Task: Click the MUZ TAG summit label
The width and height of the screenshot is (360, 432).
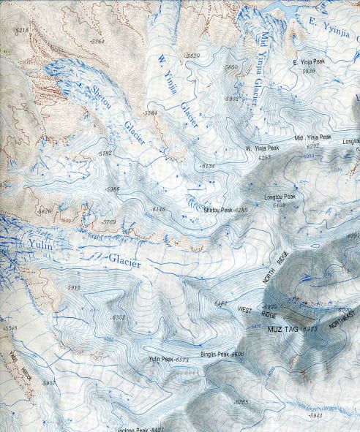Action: [x=283, y=330]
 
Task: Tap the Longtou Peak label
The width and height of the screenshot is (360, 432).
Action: [x=279, y=197]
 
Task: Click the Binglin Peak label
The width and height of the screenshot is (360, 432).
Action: [x=213, y=355]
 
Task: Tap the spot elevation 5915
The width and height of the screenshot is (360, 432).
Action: [x=73, y=288]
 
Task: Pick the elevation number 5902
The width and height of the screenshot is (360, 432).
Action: [x=231, y=98]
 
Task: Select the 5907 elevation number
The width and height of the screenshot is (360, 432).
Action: [x=49, y=383]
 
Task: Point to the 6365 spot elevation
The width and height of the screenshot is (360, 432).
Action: [x=241, y=403]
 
